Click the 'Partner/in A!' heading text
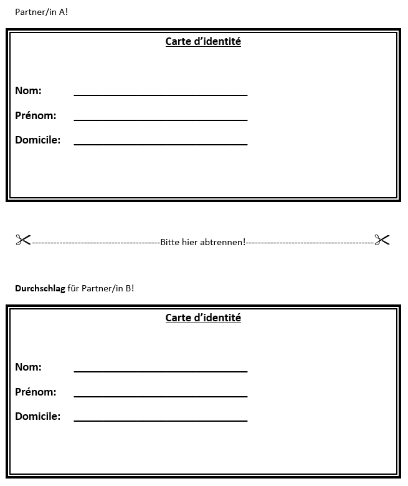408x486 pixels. click(41, 12)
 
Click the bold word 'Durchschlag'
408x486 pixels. click(40, 288)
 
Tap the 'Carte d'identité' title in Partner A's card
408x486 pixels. click(203, 42)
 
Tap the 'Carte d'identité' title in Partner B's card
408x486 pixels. click(203, 318)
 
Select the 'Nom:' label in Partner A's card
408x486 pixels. click(28, 91)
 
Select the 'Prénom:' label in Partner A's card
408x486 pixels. click(36, 116)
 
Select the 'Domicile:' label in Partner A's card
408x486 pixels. click(37, 140)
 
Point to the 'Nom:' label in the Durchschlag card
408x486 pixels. click(28, 367)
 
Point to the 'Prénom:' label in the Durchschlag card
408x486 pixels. click(36, 392)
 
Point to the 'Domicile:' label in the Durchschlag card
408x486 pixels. click(37, 417)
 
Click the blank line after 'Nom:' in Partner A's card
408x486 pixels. click(161, 95)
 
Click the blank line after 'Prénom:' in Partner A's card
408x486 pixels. click(161, 120)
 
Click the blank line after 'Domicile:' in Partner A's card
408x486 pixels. click(161, 144)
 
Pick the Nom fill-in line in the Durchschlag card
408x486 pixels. click(161, 371)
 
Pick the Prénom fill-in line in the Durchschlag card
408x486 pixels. click(161, 396)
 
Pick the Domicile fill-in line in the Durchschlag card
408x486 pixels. click(161, 420)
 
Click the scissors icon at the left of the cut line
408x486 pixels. click(23, 240)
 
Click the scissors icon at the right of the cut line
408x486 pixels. click(382, 240)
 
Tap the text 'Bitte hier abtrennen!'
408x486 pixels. click(203, 242)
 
